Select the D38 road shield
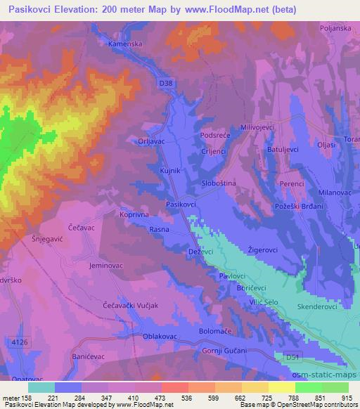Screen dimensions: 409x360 pos(165,83)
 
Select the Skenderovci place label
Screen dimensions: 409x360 pos(319,306)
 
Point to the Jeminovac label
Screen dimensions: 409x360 pos(106,266)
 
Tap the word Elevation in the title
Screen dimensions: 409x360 pos(79,10)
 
